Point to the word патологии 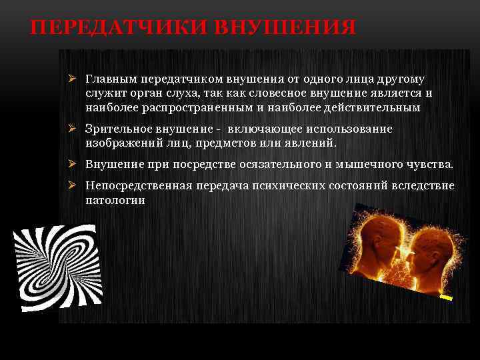115,199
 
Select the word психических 293,185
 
